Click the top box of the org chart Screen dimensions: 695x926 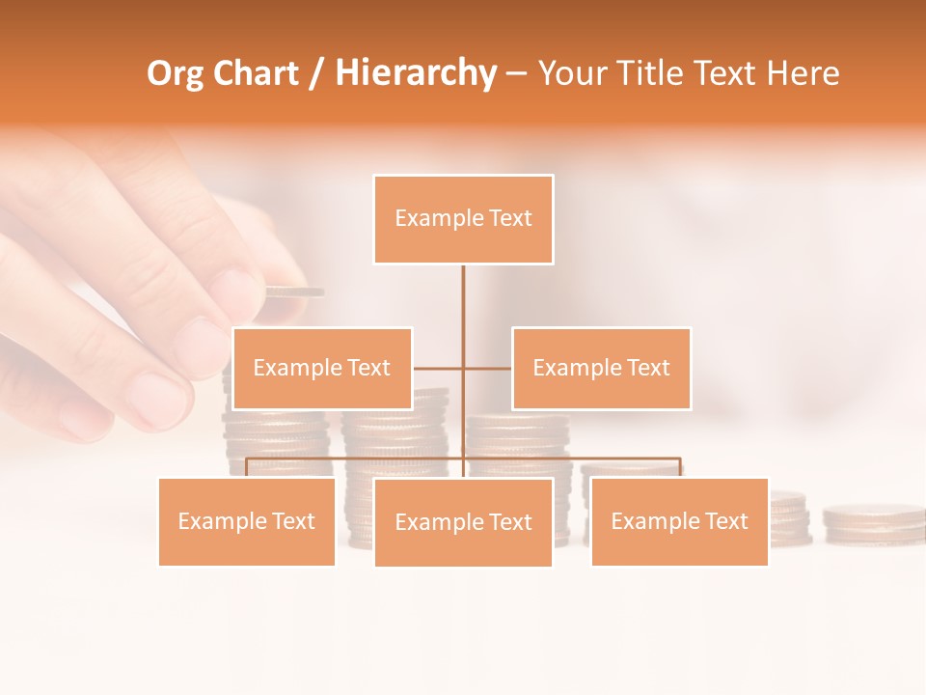[463, 219]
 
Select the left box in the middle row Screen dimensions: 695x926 [322, 368]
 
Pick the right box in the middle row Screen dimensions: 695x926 [601, 368]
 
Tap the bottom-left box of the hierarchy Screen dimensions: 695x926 [247, 521]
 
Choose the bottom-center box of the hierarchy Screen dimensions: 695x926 [463, 522]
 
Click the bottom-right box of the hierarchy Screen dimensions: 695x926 [679, 521]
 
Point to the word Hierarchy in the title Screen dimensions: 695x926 [415, 73]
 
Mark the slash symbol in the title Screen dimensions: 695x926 [316, 73]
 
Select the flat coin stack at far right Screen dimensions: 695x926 [873, 521]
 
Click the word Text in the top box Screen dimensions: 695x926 [510, 218]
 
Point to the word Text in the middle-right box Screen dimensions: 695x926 [648, 368]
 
